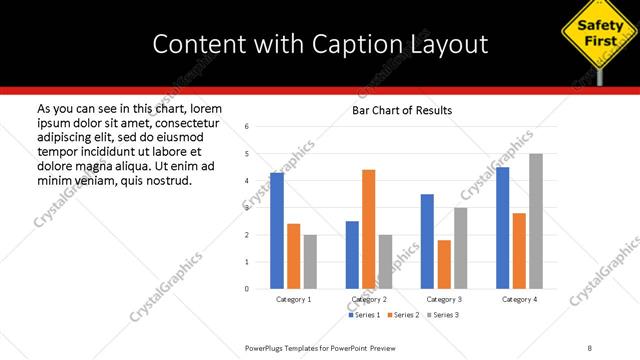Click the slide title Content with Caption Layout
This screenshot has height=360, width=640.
pos(320,43)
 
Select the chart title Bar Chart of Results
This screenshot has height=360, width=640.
pos(402,110)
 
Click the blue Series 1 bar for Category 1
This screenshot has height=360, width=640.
pos(277,231)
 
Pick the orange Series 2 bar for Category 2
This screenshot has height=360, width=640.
pos(368,229)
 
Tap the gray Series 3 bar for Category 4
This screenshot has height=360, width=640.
pos(536,221)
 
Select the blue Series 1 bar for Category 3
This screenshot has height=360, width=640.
pos(427,241)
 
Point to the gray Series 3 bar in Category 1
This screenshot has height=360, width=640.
pos(310,262)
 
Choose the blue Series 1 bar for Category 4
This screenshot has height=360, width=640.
pos(502,228)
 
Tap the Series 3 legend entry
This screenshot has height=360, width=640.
pos(443,315)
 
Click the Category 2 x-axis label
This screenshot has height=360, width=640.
pos(369,299)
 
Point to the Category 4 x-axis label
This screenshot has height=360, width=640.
pos(519,299)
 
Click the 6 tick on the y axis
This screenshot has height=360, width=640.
pos(248,126)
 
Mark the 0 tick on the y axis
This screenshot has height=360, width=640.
pos(248,289)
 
